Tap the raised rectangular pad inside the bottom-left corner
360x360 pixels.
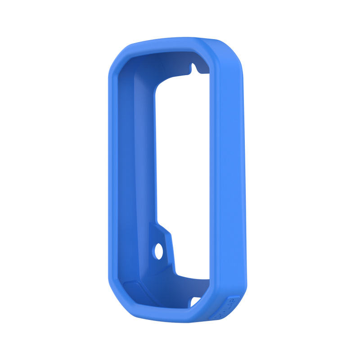click(134, 288)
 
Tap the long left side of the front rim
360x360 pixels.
click(115, 180)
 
